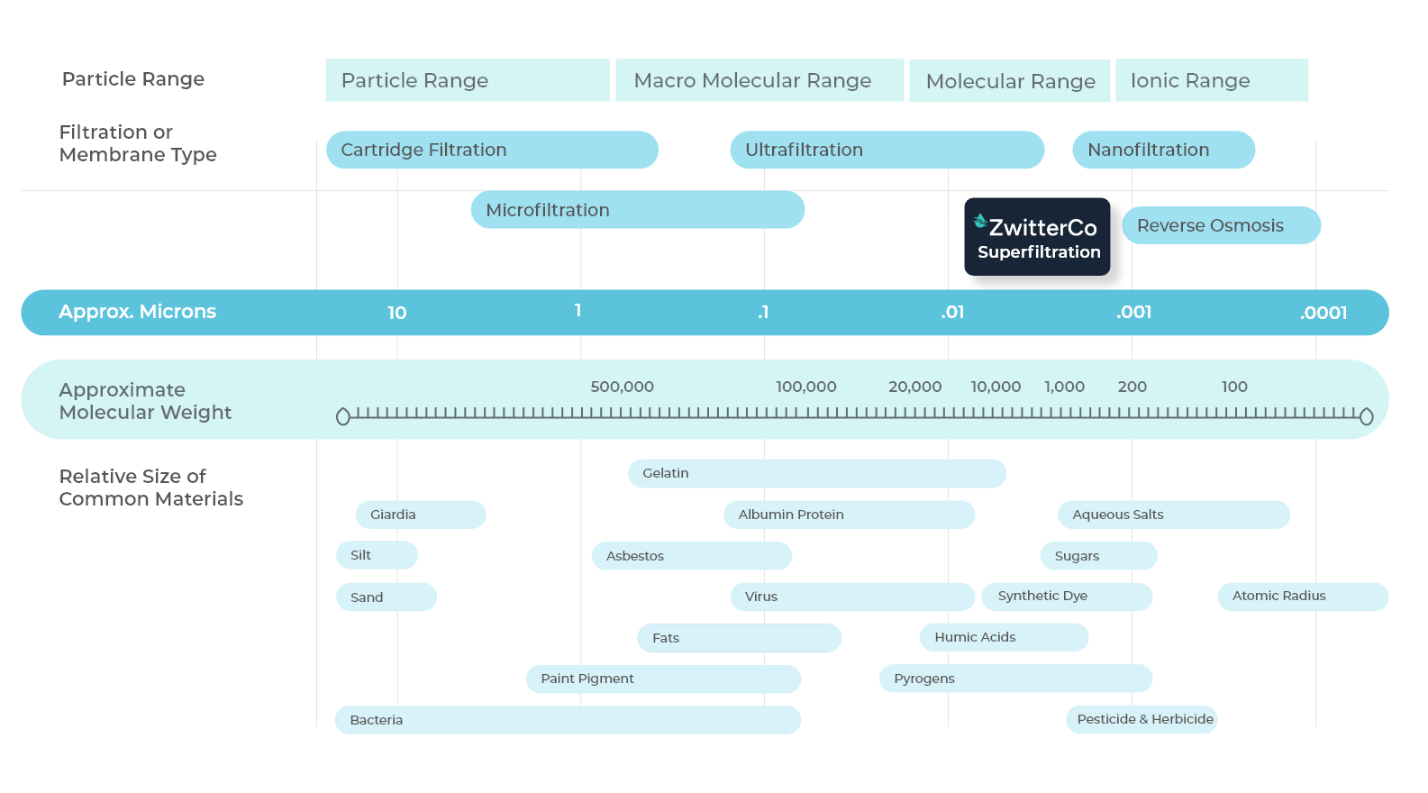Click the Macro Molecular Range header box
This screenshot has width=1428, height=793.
tap(759, 80)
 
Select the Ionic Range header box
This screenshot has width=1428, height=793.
tap(1211, 80)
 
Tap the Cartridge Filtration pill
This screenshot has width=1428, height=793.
tap(492, 150)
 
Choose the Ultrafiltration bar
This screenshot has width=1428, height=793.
tap(887, 150)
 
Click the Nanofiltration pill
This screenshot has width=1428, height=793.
tap(1163, 150)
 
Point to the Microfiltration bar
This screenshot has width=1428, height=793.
tap(638, 210)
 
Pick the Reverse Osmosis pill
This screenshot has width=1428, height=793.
tap(1221, 225)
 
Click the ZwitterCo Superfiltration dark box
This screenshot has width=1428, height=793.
tap(1037, 236)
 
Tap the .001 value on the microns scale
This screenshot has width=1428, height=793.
tap(1133, 313)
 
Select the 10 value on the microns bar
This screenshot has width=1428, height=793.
tap(396, 313)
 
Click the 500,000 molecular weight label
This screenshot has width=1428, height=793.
tap(623, 387)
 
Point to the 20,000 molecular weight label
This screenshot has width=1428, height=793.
tap(914, 387)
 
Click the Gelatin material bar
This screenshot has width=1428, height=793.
tap(816, 473)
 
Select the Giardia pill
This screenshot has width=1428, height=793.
tap(421, 515)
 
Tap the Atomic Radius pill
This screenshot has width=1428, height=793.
tap(1303, 597)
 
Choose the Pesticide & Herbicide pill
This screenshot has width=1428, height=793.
tap(1141, 720)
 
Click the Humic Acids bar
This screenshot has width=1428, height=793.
tap(1004, 637)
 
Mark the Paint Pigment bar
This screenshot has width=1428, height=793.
tap(663, 679)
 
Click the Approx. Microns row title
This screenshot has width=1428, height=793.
tap(137, 312)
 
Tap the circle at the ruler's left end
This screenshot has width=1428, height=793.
tap(343, 417)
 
